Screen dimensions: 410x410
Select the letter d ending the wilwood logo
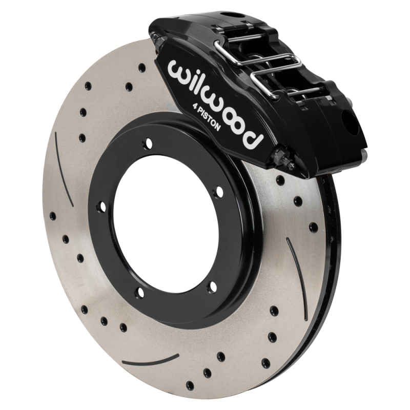coord(253,137)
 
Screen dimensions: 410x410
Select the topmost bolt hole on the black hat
coord(148,144)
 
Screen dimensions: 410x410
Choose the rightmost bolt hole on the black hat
coord(219,192)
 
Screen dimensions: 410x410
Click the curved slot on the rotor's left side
coord(64,169)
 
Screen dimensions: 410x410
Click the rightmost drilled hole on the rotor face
coord(313,226)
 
